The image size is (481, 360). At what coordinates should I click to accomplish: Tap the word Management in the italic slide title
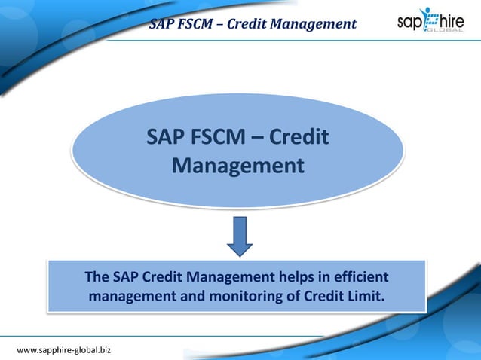pos(317,24)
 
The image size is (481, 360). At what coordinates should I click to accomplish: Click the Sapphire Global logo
pos(430,20)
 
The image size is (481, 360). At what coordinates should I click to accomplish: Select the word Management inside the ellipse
pos(238,165)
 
